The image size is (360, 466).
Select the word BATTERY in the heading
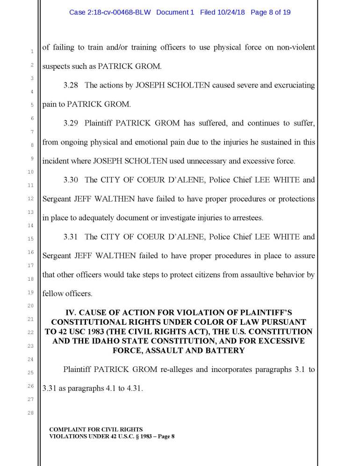coord(232,351)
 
